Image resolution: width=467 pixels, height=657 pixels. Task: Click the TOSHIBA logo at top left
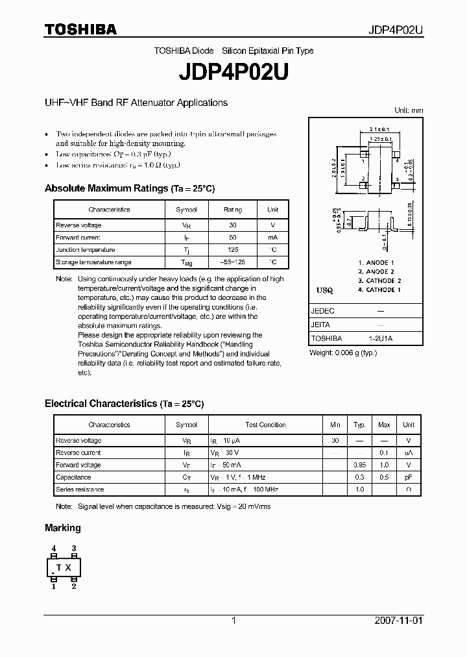tap(80, 29)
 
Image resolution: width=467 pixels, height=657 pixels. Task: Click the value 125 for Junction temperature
tap(233, 250)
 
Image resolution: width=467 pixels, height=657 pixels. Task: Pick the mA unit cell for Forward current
tap(272, 238)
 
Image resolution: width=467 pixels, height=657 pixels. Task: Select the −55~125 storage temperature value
tap(233, 262)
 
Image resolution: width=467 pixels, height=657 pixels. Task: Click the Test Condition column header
tap(263, 425)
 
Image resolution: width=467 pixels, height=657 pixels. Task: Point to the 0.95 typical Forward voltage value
tap(359, 465)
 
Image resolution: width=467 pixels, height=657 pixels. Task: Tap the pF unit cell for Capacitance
tap(408, 477)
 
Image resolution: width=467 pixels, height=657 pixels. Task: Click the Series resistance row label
tap(80, 490)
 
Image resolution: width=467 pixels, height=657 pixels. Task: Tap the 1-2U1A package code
tap(381, 338)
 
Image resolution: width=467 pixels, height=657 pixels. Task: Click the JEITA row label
tap(321, 325)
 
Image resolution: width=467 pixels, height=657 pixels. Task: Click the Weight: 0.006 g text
tap(343, 353)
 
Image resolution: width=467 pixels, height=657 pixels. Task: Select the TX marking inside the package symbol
tap(64, 567)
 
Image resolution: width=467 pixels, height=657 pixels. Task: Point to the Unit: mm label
tap(409, 110)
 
